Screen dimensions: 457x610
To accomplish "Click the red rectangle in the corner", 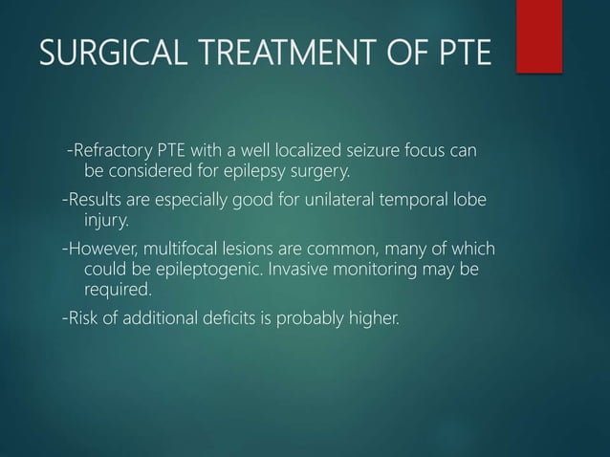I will pos(538,34).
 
